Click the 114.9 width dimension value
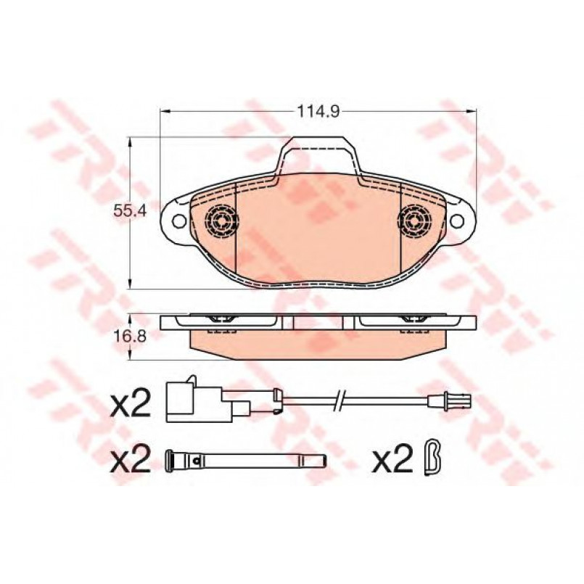click(x=318, y=111)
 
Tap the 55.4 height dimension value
click(x=125, y=212)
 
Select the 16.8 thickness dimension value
click(x=125, y=337)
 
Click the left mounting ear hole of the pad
click(x=178, y=221)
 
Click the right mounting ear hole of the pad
click(x=456, y=221)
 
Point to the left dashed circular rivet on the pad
click(x=221, y=221)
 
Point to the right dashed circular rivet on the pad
click(x=414, y=221)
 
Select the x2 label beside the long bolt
click(x=131, y=458)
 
